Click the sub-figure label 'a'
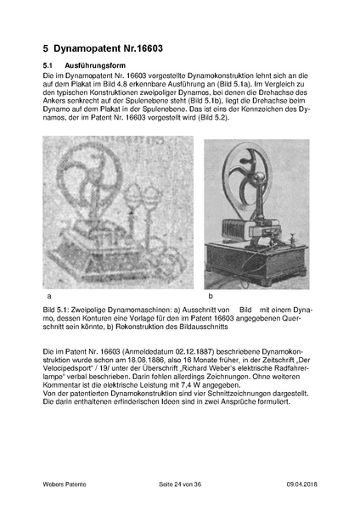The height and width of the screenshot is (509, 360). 50,296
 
